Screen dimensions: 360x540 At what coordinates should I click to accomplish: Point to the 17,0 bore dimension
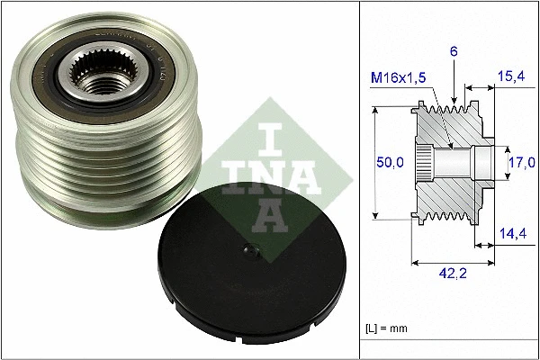[x=519, y=162]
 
